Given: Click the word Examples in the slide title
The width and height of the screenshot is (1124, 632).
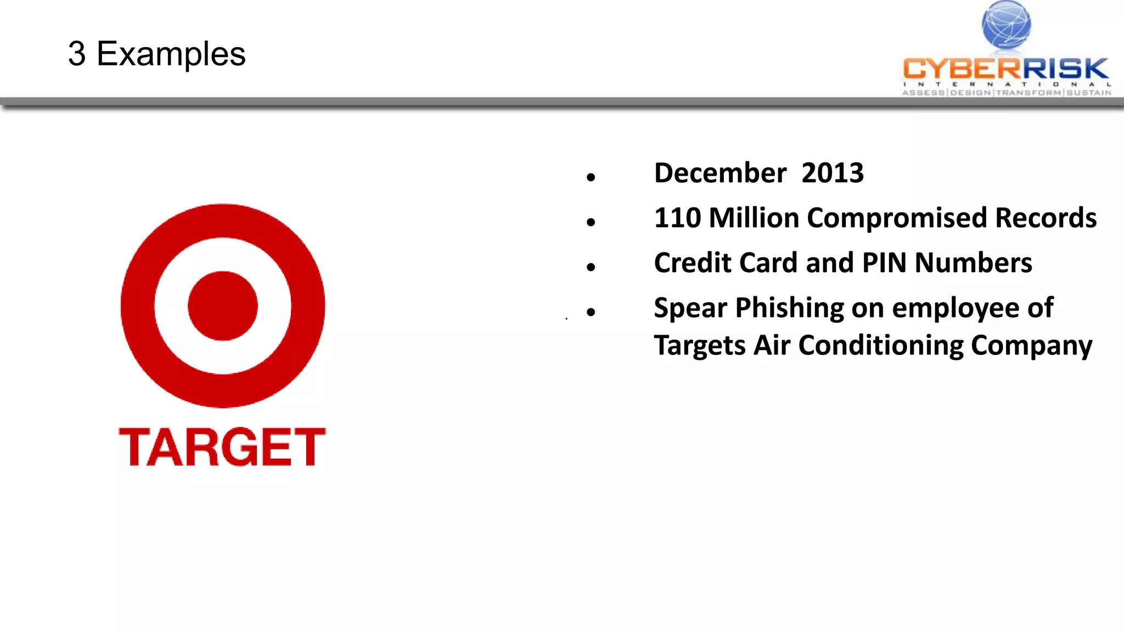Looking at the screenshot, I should point(171,54).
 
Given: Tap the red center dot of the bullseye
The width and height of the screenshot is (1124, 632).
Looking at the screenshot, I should point(223,306).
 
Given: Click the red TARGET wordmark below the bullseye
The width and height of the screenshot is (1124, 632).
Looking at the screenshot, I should point(222,447).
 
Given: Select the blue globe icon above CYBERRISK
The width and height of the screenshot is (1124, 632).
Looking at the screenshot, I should point(1006,25).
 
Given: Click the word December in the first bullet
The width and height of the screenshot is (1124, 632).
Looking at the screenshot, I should point(720,173).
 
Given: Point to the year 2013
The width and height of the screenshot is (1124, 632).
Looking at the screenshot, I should point(832,173).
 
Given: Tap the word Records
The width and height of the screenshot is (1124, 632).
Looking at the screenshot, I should point(1046,218).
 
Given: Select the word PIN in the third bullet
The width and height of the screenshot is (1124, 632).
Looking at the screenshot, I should point(884,263).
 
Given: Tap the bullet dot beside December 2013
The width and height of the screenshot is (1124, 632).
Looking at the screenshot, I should point(591,177).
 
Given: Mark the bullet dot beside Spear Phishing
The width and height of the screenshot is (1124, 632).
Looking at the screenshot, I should point(591,312).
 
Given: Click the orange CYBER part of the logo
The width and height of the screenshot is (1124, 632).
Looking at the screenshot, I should point(961,69).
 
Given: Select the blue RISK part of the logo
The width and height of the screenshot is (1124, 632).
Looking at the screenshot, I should point(1064,69).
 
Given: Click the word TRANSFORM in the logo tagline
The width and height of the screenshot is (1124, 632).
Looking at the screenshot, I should point(1029,93).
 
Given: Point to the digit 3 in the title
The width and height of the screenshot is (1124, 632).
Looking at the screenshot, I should point(77,54).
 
